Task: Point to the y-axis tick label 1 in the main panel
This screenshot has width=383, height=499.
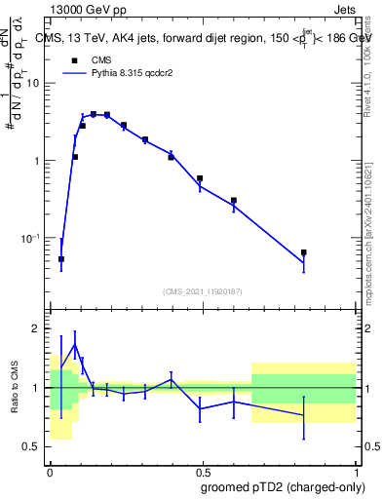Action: (38, 161)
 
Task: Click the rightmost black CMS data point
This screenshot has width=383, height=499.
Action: (304, 252)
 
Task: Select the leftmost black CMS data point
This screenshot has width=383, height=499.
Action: (61, 259)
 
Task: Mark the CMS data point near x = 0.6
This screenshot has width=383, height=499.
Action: (234, 201)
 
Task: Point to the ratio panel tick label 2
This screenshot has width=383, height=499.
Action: (38, 329)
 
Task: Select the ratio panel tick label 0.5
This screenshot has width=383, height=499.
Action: (33, 447)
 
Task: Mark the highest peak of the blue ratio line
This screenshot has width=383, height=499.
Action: (75, 344)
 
